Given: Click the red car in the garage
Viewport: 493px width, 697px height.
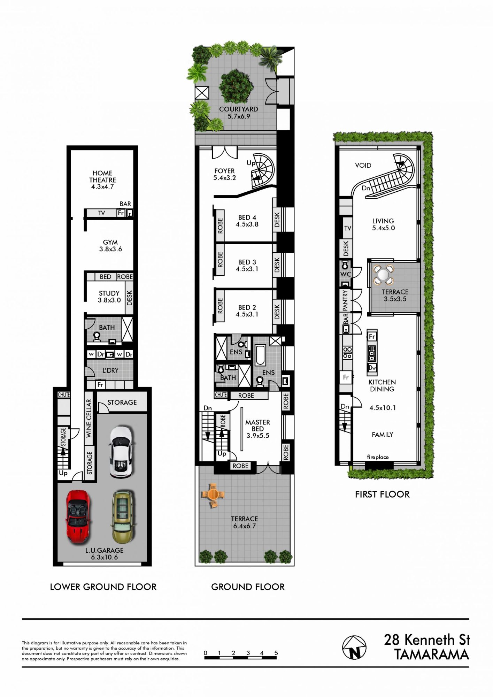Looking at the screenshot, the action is click(78, 517).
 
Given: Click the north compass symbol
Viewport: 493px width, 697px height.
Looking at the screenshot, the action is click(354, 648).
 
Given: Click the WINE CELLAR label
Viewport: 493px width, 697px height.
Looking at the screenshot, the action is click(89, 418).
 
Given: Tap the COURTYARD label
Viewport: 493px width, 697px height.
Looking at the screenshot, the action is click(239, 109).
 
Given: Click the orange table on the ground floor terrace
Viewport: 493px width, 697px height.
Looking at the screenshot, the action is click(213, 495).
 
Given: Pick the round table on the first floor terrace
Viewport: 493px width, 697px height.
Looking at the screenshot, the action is click(383, 274).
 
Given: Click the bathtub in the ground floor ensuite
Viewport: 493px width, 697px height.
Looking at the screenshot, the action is click(260, 355).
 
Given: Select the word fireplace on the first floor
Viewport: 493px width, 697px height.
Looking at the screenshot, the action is click(378, 457).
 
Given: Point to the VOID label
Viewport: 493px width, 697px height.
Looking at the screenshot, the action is click(363, 165).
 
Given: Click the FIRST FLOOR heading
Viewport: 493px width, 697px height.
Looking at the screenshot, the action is click(382, 494).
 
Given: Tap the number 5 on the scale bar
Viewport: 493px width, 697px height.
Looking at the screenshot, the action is click(276, 653).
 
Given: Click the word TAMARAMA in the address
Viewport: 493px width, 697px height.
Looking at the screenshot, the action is click(432, 654).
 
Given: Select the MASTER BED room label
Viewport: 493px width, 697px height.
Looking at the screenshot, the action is click(258, 426).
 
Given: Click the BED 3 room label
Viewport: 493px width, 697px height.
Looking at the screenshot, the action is click(247, 262).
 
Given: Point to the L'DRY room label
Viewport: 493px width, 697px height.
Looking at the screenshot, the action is click(110, 370).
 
